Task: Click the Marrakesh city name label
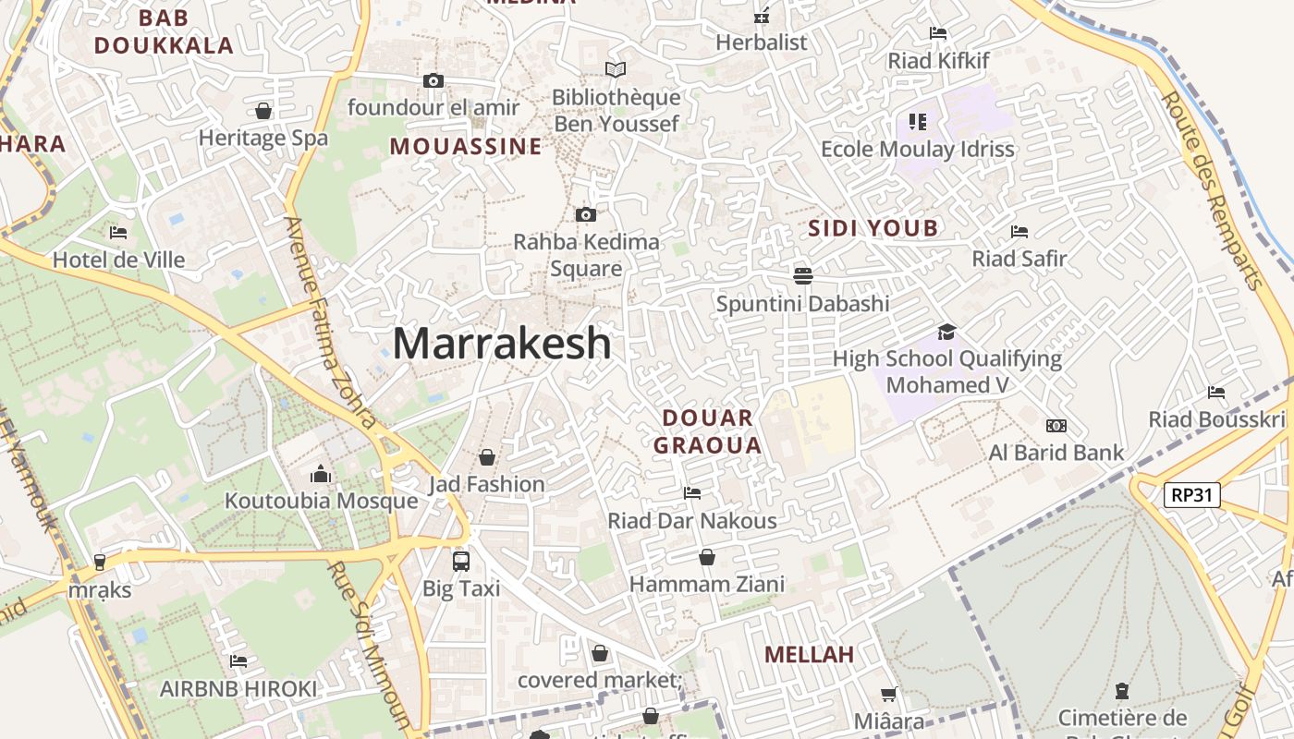click(x=502, y=343)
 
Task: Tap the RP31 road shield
click(x=1191, y=494)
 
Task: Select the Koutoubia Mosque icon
click(x=321, y=474)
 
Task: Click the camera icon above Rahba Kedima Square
click(x=585, y=214)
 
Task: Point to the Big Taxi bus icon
click(x=460, y=561)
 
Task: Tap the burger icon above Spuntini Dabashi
click(x=802, y=275)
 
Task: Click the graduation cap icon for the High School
click(x=946, y=332)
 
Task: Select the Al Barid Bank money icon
click(x=1056, y=426)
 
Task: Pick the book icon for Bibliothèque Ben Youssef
click(x=615, y=69)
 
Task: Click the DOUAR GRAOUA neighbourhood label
click(x=707, y=431)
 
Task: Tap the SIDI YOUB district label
click(x=873, y=228)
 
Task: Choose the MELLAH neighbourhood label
click(x=809, y=654)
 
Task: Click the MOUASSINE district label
click(x=466, y=146)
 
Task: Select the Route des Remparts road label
click(x=1212, y=188)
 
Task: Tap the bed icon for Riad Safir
click(x=1019, y=231)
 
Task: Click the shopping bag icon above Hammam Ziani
click(x=707, y=557)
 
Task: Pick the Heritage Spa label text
click(x=263, y=138)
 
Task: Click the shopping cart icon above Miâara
click(x=888, y=694)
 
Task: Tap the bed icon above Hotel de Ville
click(x=117, y=232)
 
